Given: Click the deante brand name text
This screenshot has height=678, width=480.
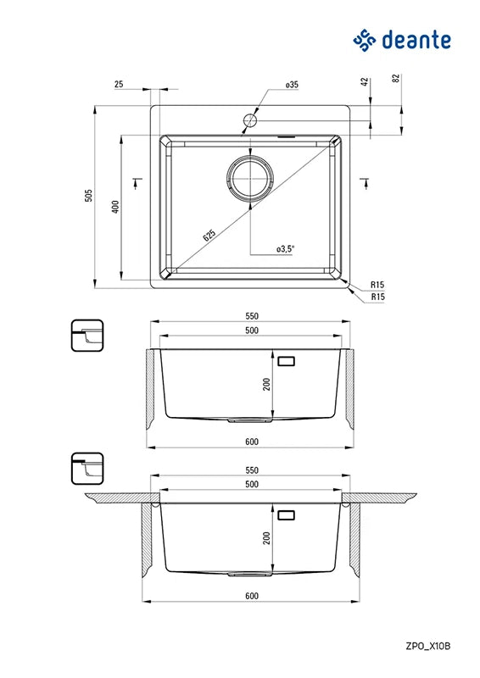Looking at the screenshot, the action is pos(416,40).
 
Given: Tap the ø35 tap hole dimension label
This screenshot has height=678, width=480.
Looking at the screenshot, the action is pos(292,85).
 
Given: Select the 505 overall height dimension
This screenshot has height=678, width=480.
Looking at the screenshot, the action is pos(89,196).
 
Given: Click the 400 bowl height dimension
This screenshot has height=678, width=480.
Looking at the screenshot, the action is pos(115,207).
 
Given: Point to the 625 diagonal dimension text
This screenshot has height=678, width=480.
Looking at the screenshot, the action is pos(209,236).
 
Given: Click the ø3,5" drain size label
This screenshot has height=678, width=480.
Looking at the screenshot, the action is pos(285,248).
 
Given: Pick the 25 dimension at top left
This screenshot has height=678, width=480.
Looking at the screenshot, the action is pos(119,84).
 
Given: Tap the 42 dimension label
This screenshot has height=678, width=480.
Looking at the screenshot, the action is pos(365,81).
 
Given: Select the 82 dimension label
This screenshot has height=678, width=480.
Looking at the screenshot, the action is pos(396,78).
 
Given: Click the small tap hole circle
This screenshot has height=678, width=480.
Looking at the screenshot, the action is pos(251,120).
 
